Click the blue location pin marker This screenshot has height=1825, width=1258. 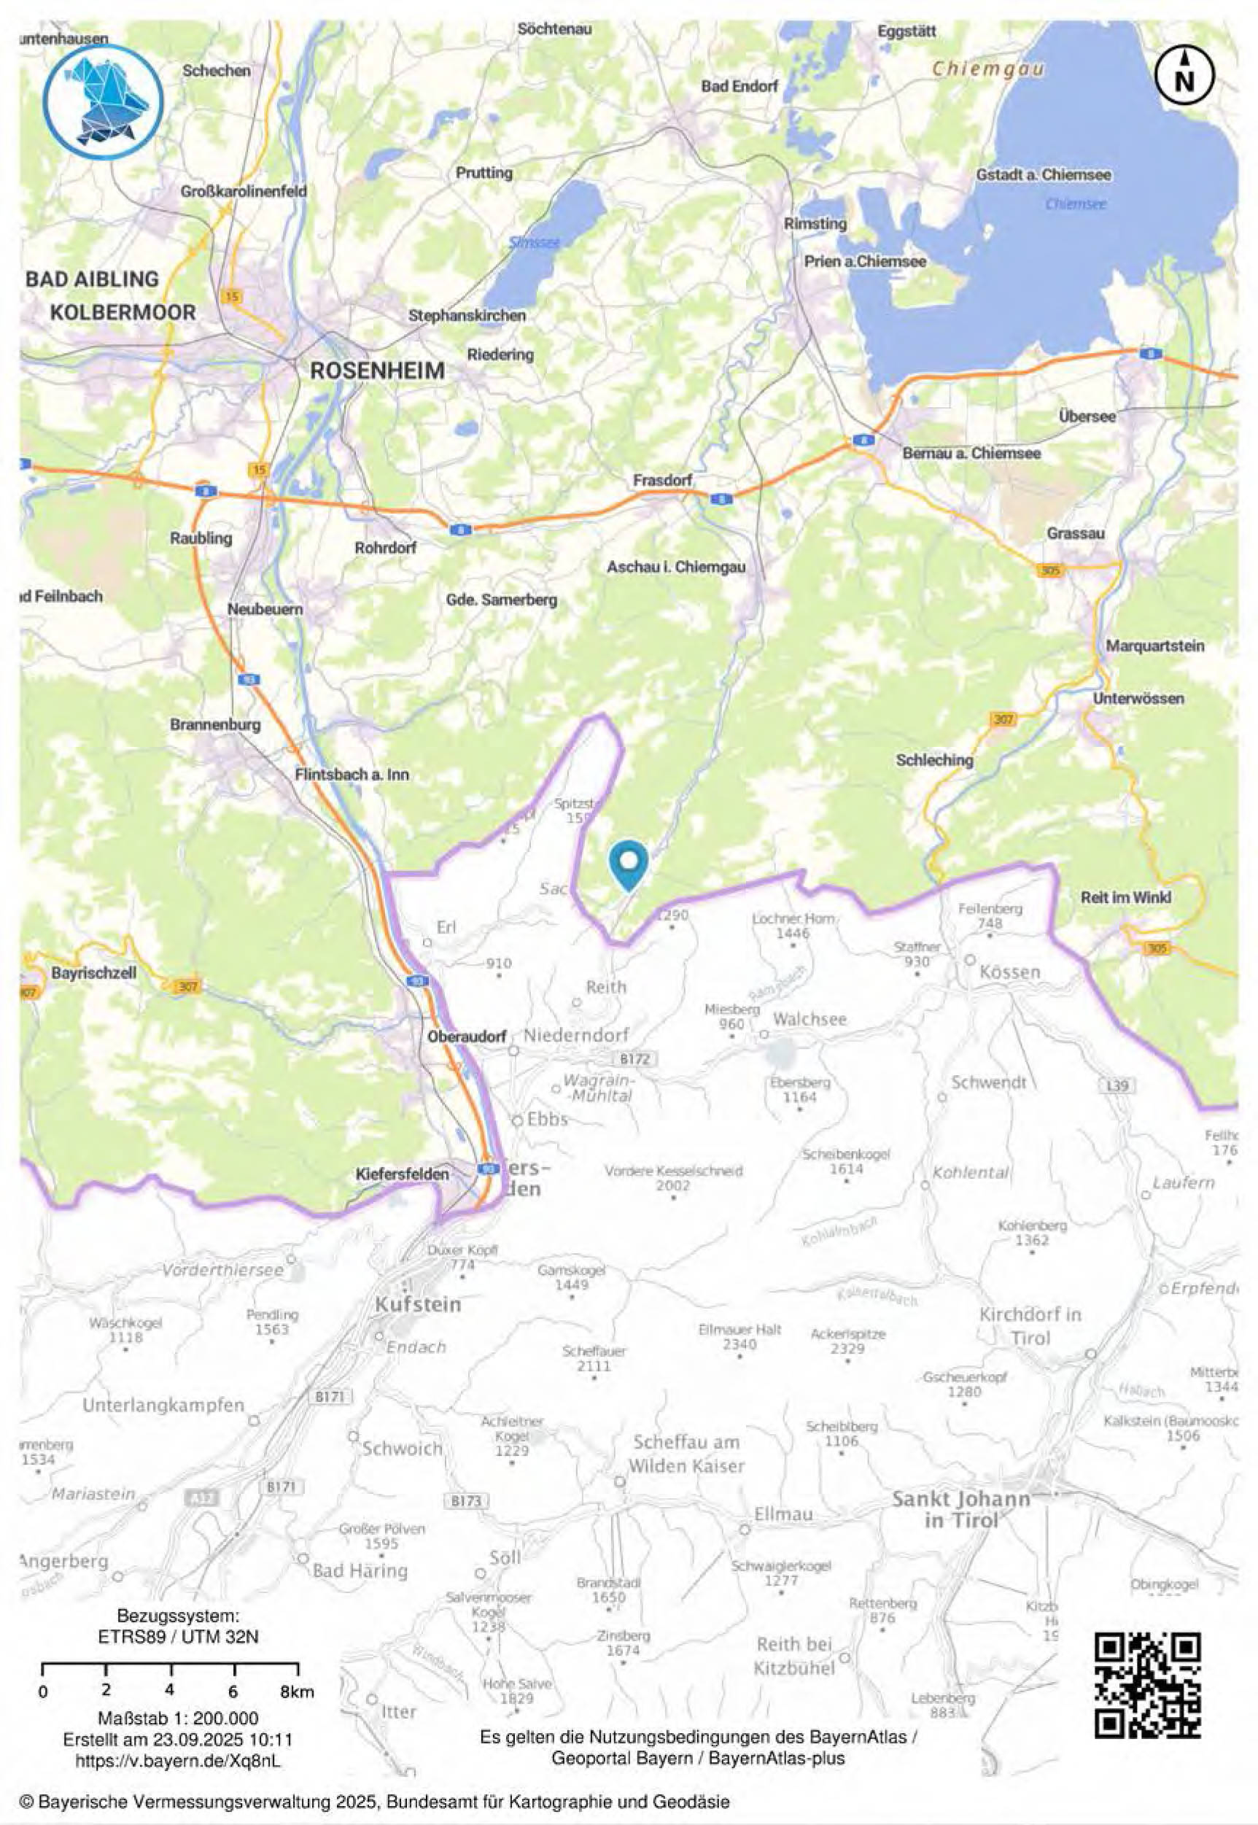(628, 861)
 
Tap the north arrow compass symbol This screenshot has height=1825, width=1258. (1184, 75)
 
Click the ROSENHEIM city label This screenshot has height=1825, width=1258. (377, 371)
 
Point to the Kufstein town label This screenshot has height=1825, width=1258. (417, 1304)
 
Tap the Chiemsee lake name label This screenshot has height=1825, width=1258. (1075, 204)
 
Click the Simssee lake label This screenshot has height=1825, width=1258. (534, 243)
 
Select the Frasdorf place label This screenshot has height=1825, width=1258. (662, 480)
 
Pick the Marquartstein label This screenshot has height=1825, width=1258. (1154, 646)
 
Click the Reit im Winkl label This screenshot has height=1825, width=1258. (1125, 897)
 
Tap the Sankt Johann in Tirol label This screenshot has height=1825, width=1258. (961, 1510)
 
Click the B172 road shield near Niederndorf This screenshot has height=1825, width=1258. (634, 1058)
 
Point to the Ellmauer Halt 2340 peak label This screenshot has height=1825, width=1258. (739, 1336)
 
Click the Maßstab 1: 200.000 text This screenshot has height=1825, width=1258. (178, 1719)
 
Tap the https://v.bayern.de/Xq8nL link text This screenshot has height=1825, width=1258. (178, 1759)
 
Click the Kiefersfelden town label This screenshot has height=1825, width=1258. (402, 1174)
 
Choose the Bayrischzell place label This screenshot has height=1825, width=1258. (94, 973)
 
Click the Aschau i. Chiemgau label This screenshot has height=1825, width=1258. (675, 567)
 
